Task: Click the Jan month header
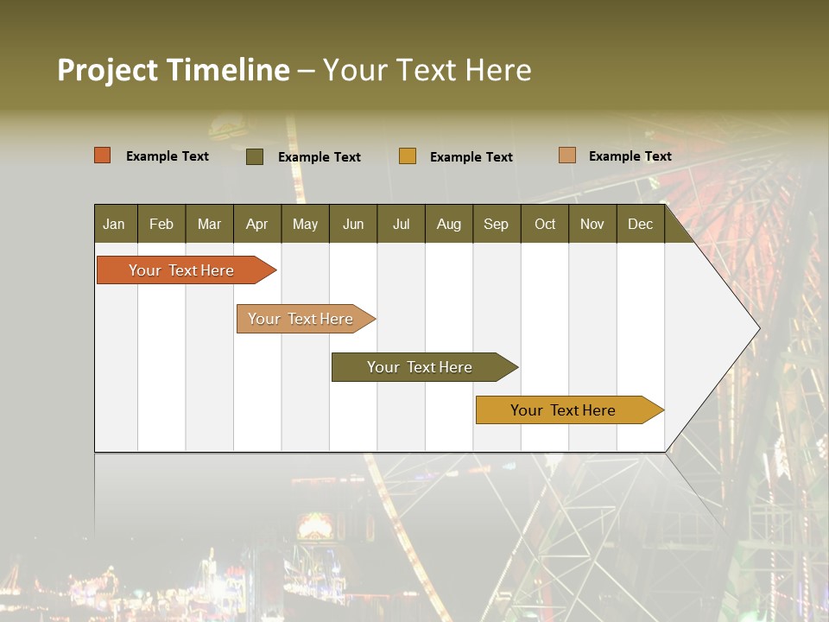(x=115, y=224)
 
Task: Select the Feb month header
(x=161, y=224)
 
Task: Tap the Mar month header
(x=209, y=224)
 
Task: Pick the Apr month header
(x=256, y=224)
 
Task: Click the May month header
(x=305, y=224)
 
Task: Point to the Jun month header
(x=353, y=224)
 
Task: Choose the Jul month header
(x=401, y=224)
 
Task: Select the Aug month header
(x=448, y=224)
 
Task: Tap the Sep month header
(x=496, y=224)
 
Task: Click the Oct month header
(x=545, y=224)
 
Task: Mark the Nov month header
(x=592, y=224)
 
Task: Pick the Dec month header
(x=640, y=224)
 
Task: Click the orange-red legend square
(x=103, y=155)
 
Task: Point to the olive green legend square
(x=255, y=156)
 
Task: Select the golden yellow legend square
(x=408, y=156)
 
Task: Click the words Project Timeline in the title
(x=174, y=70)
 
